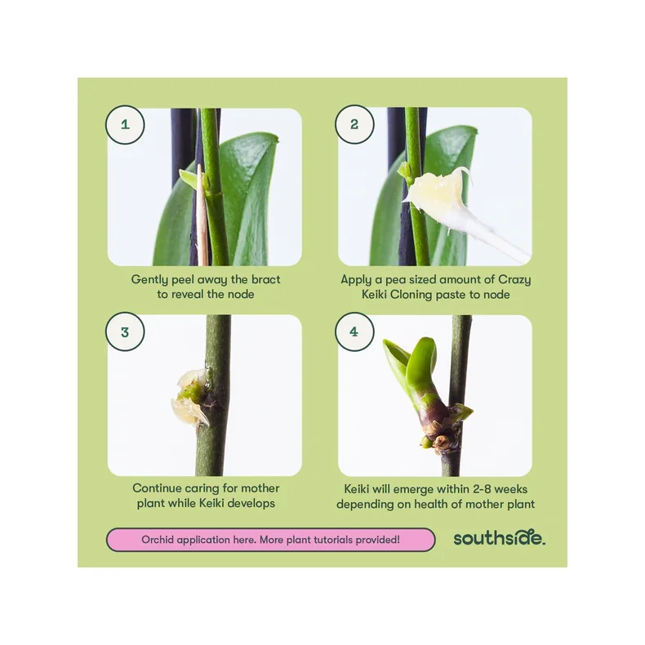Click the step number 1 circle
(125, 125)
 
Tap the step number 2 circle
(354, 124)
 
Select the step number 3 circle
(125, 332)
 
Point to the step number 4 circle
(354, 331)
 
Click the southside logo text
(500, 538)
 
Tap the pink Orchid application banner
(271, 540)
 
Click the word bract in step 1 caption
(265, 279)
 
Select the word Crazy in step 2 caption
(514, 280)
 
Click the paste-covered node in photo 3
(191, 398)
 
